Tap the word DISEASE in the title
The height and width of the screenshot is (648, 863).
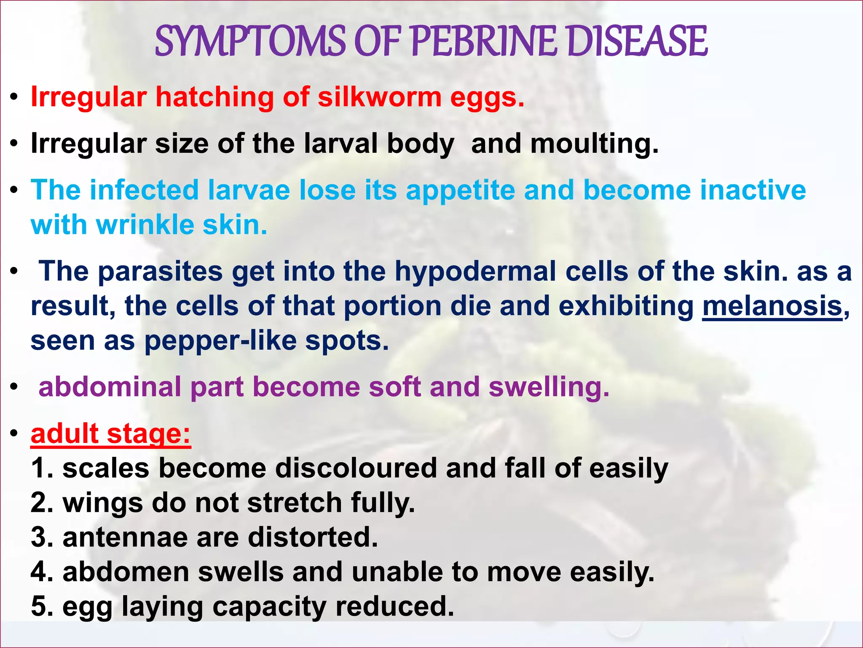[x=636, y=41]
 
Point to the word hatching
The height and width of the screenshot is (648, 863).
[x=215, y=97]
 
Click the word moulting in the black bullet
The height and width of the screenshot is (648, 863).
[x=594, y=144]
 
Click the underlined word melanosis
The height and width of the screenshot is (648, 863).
[x=772, y=306]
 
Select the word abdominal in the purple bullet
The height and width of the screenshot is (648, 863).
[x=110, y=387]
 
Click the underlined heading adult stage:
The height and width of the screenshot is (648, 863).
[x=111, y=434]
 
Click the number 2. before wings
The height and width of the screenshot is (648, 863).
[x=42, y=503]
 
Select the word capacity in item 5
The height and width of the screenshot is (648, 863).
[x=269, y=607]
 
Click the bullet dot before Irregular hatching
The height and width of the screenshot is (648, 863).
[x=15, y=98]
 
